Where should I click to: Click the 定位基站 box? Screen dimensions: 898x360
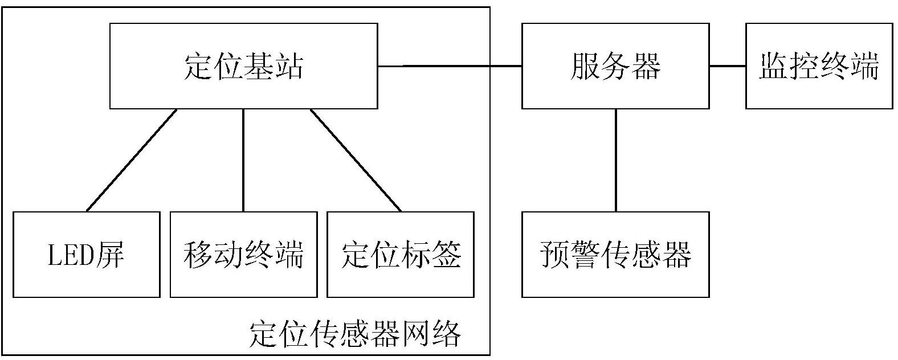[244, 66]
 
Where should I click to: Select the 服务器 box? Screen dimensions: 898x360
[615, 66]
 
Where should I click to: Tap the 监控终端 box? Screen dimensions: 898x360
[819, 66]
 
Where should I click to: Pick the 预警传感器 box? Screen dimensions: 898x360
[615, 255]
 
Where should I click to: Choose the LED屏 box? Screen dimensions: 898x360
[87, 255]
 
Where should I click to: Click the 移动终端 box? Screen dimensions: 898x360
[244, 255]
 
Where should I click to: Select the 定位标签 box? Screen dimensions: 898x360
[401, 255]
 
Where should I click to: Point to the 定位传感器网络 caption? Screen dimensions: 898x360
[355, 334]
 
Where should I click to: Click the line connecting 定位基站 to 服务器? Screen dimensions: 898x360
[450, 66]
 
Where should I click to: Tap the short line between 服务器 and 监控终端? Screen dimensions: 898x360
[728, 66]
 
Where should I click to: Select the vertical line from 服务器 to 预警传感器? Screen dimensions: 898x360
[616, 161]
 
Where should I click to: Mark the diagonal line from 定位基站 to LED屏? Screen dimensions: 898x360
[132, 161]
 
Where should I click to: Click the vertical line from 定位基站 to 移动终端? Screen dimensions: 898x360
[243, 161]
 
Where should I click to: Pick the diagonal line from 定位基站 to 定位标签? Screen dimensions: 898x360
[356, 161]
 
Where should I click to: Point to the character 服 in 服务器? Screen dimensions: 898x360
[585, 66]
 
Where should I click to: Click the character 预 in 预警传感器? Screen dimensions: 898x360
[555, 255]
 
